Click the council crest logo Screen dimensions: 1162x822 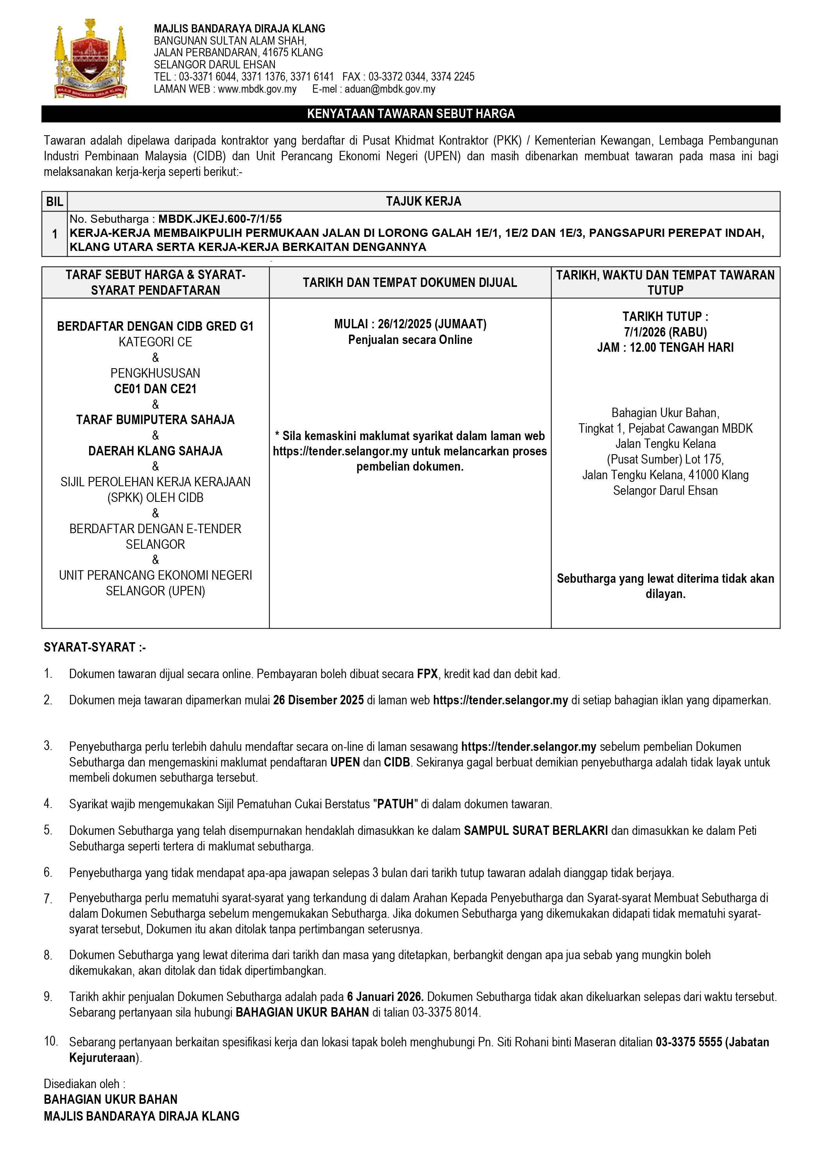click(90, 59)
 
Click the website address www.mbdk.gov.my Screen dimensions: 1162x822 click(257, 90)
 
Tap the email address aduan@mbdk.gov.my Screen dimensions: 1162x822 click(390, 90)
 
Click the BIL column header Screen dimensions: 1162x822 click(55, 201)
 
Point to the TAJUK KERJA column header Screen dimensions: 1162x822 click(423, 201)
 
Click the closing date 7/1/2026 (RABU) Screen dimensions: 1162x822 click(665, 332)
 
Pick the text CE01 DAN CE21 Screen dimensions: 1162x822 click(156, 389)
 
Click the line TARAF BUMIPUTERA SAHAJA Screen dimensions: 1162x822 click(156, 419)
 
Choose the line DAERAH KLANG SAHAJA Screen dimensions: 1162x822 click(156, 451)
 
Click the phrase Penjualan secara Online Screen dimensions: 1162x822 click(410, 340)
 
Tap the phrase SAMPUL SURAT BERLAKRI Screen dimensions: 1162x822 click(535, 831)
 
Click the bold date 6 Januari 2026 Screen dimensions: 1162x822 click(385, 997)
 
